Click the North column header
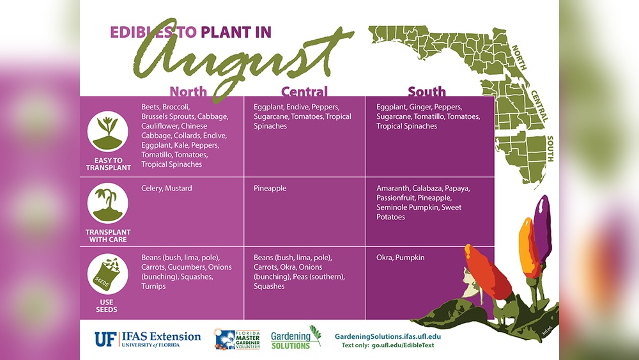tap(188, 91)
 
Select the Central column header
tap(304, 91)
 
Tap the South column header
tap(427, 91)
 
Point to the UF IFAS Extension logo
tap(148, 338)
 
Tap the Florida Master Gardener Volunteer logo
tap(237, 340)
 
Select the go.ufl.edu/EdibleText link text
tap(406, 346)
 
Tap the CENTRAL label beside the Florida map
tap(539, 106)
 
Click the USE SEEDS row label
tap(107, 306)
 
